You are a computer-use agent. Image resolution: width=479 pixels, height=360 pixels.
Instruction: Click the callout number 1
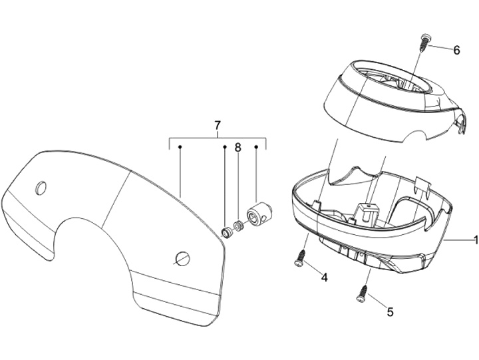pyautogui.click(x=475, y=240)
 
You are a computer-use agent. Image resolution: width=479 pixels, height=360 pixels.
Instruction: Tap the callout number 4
pyautogui.click(x=324, y=276)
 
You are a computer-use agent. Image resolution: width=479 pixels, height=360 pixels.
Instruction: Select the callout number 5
pyautogui.click(x=390, y=309)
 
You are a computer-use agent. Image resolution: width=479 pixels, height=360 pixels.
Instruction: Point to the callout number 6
pyautogui.click(x=456, y=50)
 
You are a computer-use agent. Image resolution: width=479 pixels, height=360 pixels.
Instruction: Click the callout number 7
pyautogui.click(x=218, y=124)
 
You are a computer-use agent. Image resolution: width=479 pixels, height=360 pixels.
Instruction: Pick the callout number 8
pyautogui.click(x=237, y=148)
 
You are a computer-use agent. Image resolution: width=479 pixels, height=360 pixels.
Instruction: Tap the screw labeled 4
pyautogui.click(x=299, y=259)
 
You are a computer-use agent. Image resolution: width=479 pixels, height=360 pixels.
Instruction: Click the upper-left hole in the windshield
pyautogui.click(x=41, y=188)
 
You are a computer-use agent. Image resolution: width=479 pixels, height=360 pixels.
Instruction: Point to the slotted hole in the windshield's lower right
pyautogui.click(x=183, y=258)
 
